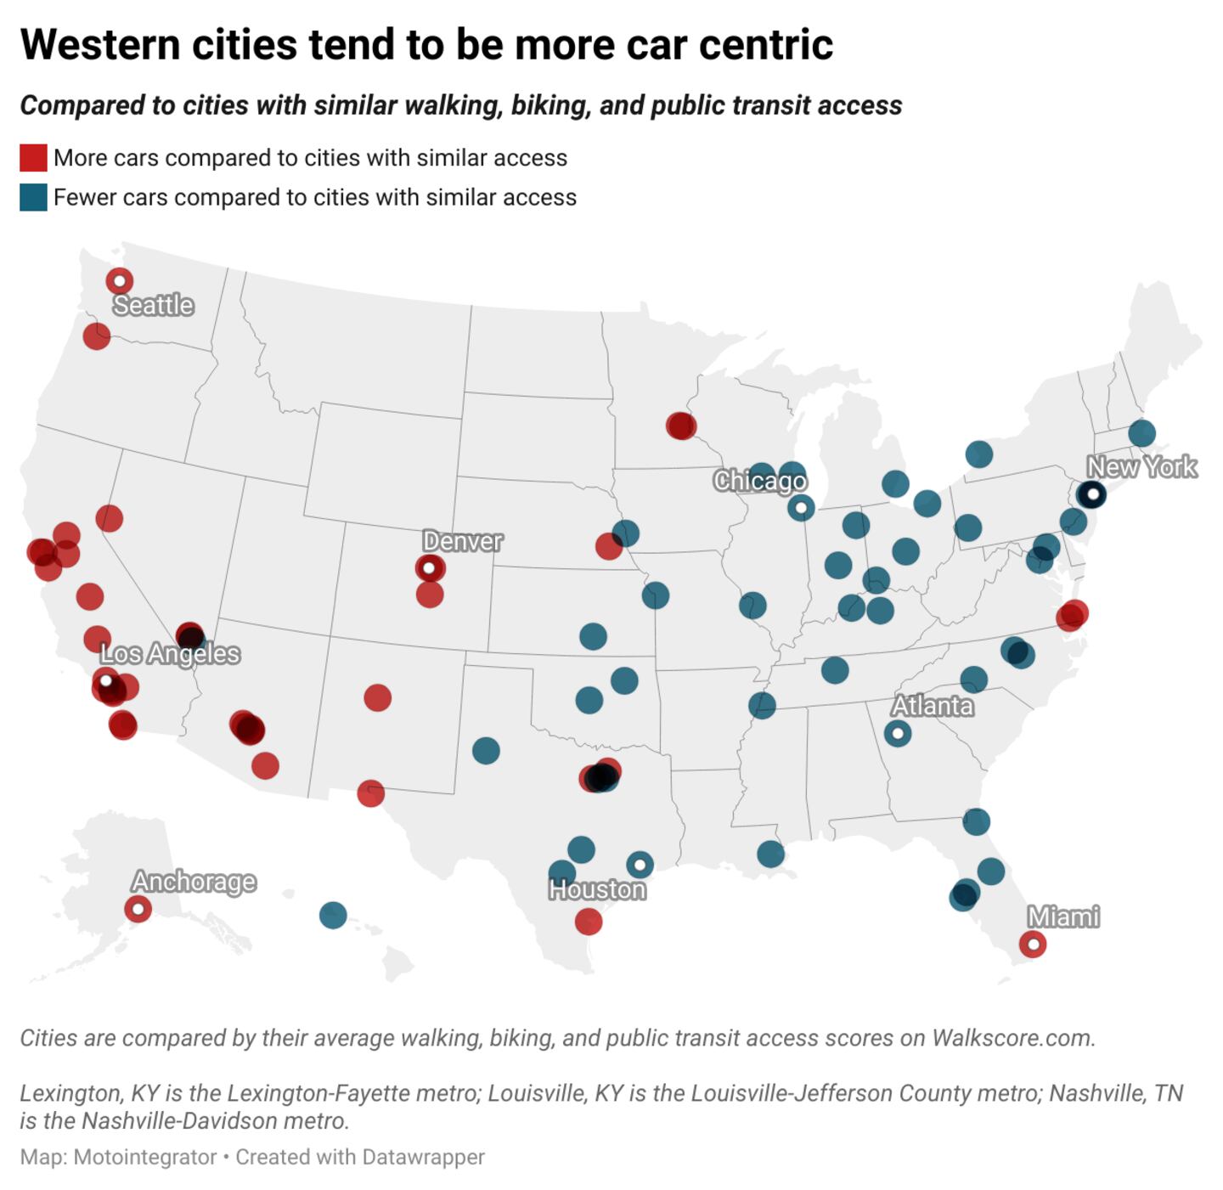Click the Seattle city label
pos(154,305)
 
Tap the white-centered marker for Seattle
pos(120,280)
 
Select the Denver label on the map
pos(462,541)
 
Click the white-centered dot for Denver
pos(430,567)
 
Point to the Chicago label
pos(759,481)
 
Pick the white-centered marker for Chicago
pos(800,508)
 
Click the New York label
pos(1141,467)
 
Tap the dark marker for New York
pos(1092,493)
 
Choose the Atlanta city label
pos(932,706)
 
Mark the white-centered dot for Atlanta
pos(897,733)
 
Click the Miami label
pos(1063,916)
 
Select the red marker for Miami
pos(1032,944)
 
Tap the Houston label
pos(597,889)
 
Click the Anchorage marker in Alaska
pos(138,909)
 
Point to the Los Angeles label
pos(170,654)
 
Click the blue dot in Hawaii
pos(333,915)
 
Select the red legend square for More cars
pos(33,158)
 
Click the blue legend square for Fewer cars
pos(33,197)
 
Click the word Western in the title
pos(100,44)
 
